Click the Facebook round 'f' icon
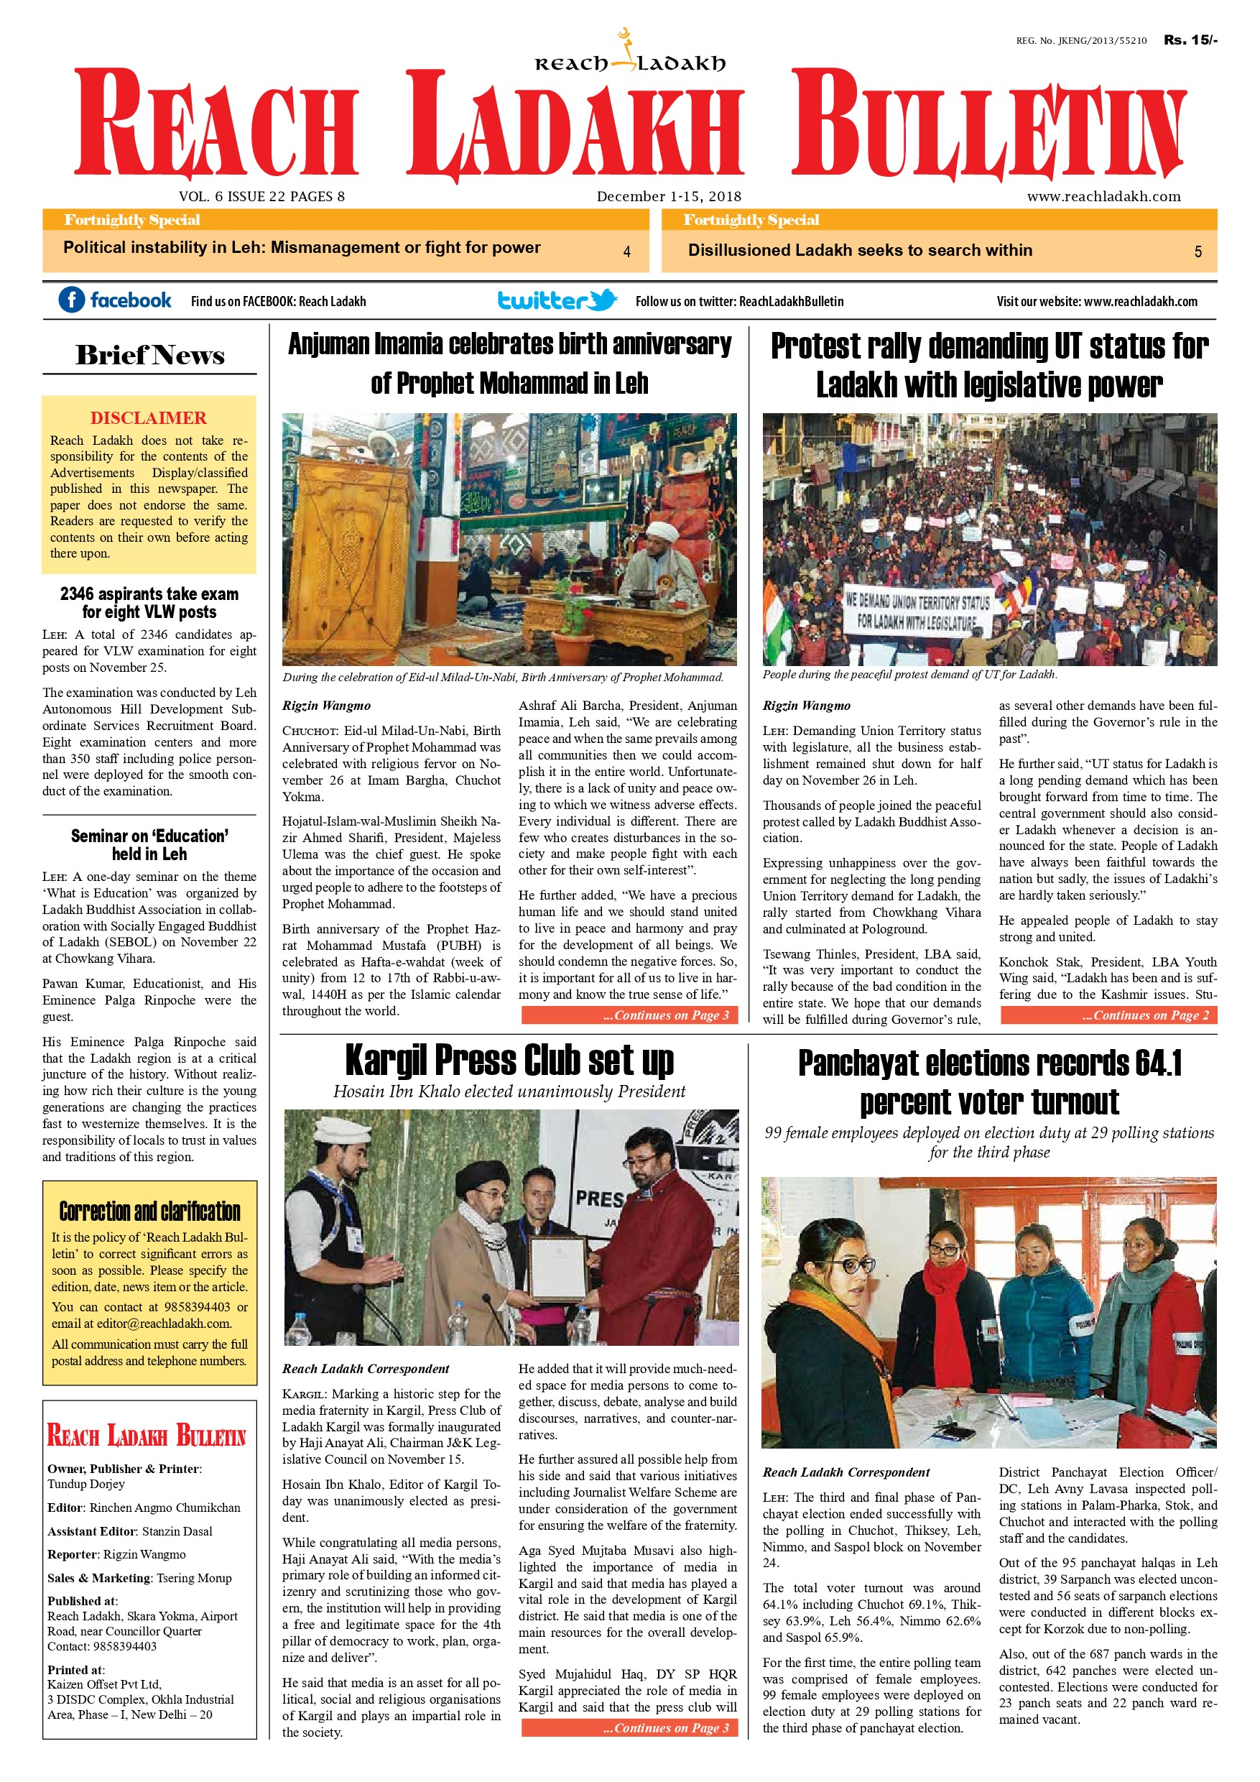pos(71,300)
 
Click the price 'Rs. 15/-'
pos(1190,40)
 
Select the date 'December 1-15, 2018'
pos(669,196)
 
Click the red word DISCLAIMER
pos(148,418)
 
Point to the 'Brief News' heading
pos(149,356)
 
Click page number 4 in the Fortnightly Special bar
pos(627,251)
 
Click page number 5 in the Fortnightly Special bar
pos(1198,251)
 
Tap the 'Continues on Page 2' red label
pos(1108,1015)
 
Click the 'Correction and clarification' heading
pos(149,1211)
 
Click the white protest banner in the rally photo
pos(917,611)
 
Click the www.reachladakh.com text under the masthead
pos(1103,196)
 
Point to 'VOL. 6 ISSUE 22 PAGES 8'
pos(261,196)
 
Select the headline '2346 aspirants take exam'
pos(149,594)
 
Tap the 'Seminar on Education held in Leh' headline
pos(149,844)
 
